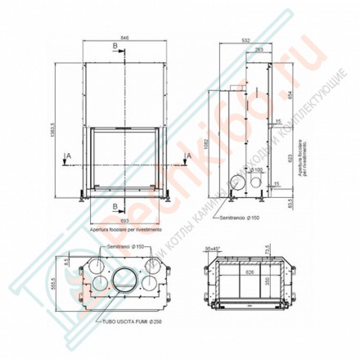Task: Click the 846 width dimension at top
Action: pos(123,38)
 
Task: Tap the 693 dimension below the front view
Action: pos(123,221)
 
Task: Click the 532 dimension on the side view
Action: pos(245,38)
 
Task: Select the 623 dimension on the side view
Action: pos(290,155)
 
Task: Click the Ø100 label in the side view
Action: pos(256,169)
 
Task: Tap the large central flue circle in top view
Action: pos(124,280)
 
